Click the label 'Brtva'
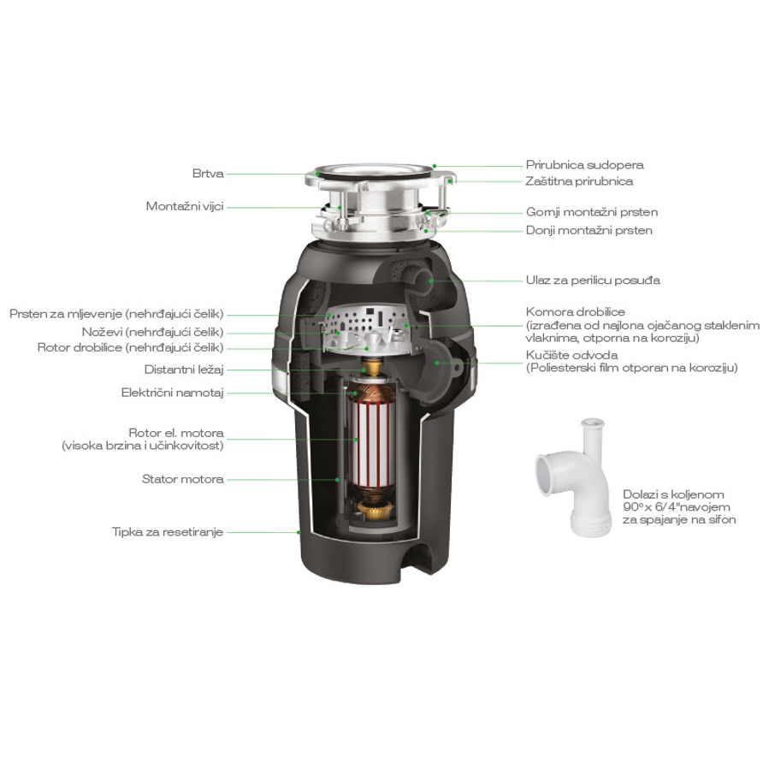pyautogui.click(x=208, y=174)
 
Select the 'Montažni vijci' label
pyautogui.click(x=184, y=207)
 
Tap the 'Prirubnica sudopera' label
pyautogui.click(x=584, y=165)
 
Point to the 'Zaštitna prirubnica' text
pyautogui.click(x=579, y=181)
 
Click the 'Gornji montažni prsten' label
pyautogui.click(x=591, y=212)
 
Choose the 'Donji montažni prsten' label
pyautogui.click(x=589, y=230)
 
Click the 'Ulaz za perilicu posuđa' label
pyautogui.click(x=592, y=280)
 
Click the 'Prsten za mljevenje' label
pyautogui.click(x=116, y=315)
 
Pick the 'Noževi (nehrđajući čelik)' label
pyautogui.click(x=152, y=331)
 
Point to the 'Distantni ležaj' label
pyautogui.click(x=183, y=370)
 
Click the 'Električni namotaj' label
pyautogui.click(x=172, y=393)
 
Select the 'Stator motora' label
pyautogui.click(x=182, y=479)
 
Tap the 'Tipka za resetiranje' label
pyautogui.click(x=168, y=531)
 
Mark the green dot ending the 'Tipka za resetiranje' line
pyautogui.click(x=299, y=532)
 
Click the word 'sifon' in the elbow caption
pyautogui.click(x=720, y=519)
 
